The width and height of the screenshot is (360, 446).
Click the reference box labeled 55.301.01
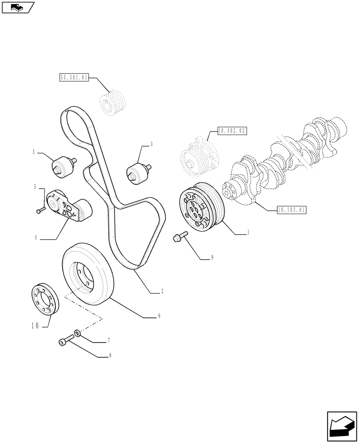[74, 78]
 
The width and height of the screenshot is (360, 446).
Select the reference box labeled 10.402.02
[232, 131]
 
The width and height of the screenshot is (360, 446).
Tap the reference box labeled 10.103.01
[291, 209]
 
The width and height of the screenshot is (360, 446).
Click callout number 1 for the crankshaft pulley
[248, 232]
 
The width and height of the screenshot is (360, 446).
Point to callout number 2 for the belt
[162, 292]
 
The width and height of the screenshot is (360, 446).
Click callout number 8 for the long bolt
[110, 356]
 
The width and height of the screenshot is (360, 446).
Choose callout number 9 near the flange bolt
[213, 257]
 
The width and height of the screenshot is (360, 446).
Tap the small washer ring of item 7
[78, 333]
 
